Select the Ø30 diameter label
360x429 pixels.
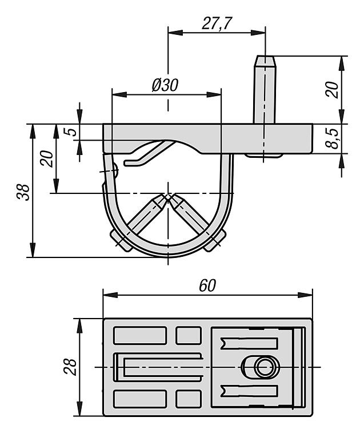[x=165, y=84]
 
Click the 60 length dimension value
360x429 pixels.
[x=207, y=285]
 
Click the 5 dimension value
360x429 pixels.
[x=70, y=132]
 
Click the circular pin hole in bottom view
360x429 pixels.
[x=263, y=367]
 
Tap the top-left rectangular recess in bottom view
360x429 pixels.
[x=140, y=335]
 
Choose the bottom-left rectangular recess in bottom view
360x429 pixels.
[x=140, y=398]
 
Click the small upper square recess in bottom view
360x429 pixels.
[x=188, y=335]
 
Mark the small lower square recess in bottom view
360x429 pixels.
[x=188, y=398]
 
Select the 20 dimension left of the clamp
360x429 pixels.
[x=48, y=157]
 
